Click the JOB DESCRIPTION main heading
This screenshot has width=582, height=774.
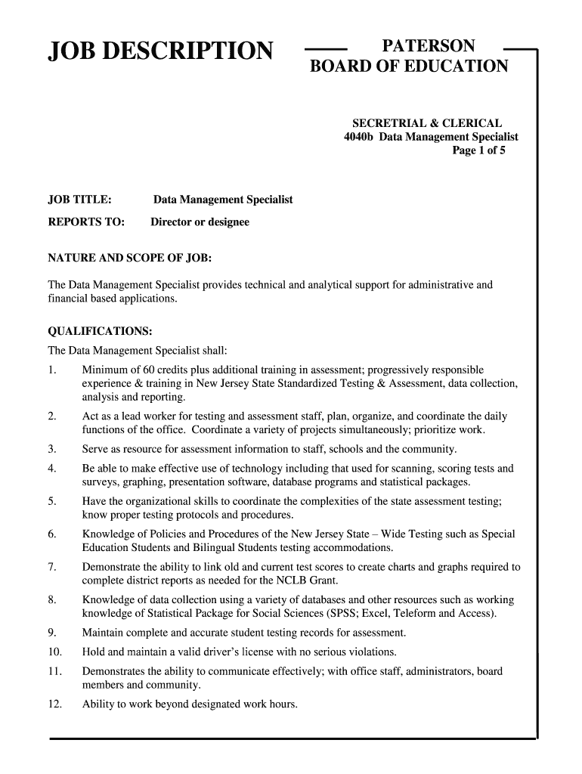click(160, 51)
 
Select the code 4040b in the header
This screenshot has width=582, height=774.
click(360, 137)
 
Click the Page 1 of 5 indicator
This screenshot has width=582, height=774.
click(478, 150)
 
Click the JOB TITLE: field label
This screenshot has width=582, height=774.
click(80, 200)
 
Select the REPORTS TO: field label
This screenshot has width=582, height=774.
click(86, 222)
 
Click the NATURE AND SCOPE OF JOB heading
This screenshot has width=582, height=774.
click(130, 259)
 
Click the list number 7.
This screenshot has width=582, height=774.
click(51, 567)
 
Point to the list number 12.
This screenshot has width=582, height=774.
click(54, 705)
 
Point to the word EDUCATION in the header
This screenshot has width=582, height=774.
click(460, 67)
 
